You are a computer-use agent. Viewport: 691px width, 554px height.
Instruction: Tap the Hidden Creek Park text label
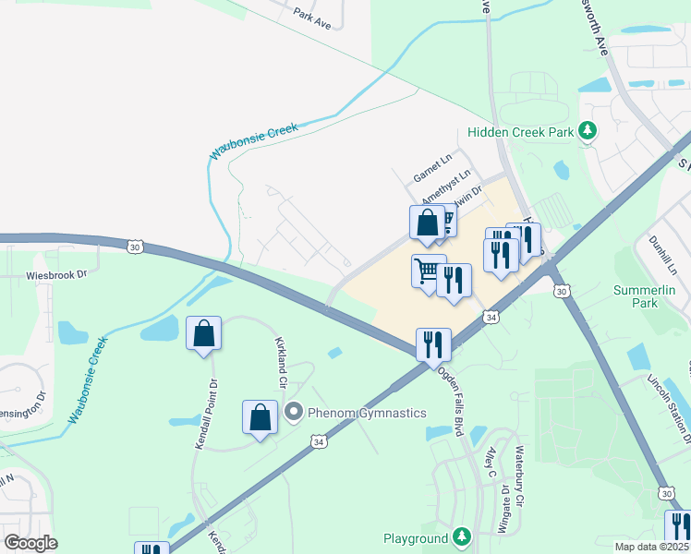521,132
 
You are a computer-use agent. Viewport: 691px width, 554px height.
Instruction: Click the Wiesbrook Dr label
55,274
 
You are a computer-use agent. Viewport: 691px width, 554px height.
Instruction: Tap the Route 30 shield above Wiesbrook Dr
136,247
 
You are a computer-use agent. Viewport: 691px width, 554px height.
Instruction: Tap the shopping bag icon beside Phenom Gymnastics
261,417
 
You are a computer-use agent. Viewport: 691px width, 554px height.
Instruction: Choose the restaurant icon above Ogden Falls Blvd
433,345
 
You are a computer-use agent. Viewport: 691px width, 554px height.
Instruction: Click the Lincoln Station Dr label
669,403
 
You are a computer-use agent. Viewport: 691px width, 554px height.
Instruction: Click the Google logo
30,543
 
